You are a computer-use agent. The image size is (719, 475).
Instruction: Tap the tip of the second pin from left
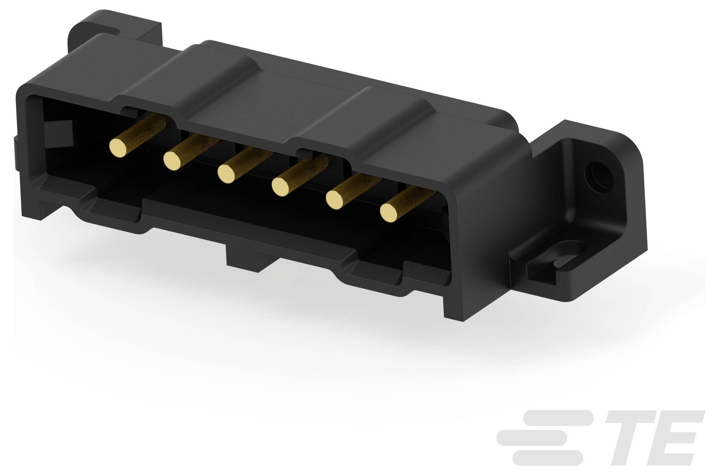(172, 160)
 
